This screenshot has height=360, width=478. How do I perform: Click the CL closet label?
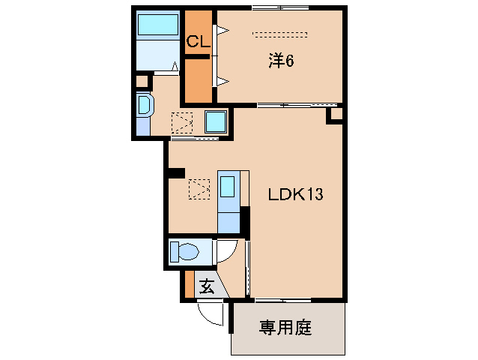point(198,42)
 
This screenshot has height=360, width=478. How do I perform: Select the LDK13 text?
point(296,195)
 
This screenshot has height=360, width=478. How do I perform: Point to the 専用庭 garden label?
point(285,328)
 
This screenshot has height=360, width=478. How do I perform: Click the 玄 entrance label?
point(206,285)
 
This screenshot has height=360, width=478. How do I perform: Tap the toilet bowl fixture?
point(184,252)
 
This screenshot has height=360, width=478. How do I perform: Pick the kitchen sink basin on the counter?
point(229,184)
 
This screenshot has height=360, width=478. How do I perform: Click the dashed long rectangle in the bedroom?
point(280,34)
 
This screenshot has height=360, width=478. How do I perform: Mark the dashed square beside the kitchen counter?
point(199,188)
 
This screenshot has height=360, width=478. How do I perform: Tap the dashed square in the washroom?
point(182,121)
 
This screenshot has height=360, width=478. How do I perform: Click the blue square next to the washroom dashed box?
point(215,121)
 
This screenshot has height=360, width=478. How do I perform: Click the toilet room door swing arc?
point(228,253)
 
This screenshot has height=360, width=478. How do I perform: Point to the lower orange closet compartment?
point(198,80)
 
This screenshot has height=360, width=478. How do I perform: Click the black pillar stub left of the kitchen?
point(176,173)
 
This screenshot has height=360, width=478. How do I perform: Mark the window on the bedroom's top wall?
point(280,8)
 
